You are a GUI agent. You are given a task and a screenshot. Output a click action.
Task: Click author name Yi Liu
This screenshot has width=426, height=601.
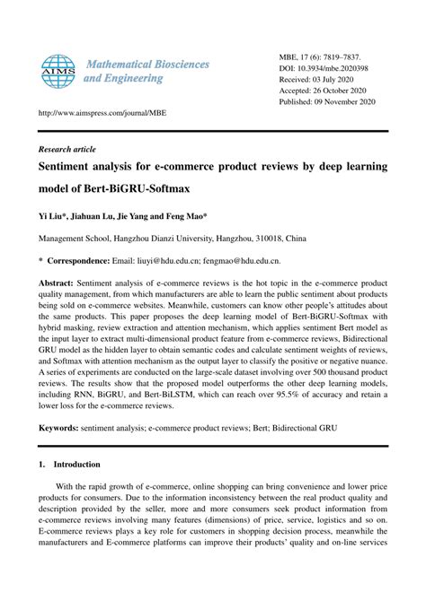pyautogui.click(x=51, y=217)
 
